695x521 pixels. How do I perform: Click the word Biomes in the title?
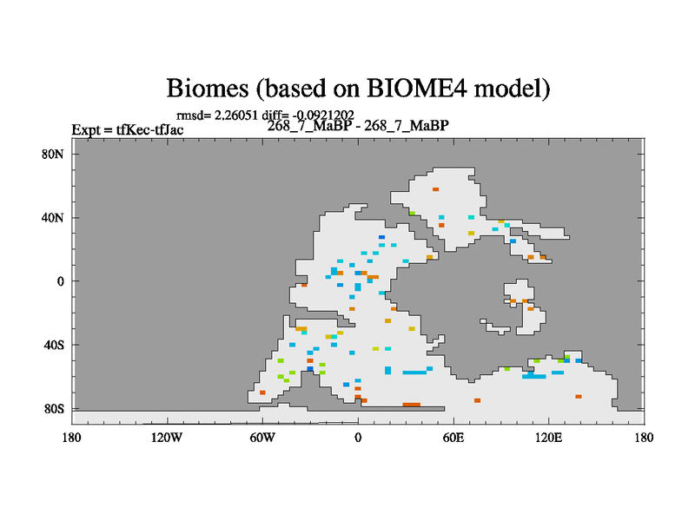(208, 88)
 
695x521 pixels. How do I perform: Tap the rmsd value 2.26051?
(235, 115)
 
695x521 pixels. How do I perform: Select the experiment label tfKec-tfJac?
(149, 129)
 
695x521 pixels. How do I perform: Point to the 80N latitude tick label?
(53, 155)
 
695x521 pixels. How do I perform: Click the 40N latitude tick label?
(53, 218)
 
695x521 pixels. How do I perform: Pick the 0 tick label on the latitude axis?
(60, 281)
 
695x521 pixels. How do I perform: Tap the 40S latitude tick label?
(54, 345)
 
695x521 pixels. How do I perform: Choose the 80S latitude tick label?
(54, 408)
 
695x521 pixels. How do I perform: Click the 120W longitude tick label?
(167, 438)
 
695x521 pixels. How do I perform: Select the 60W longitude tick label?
(262, 438)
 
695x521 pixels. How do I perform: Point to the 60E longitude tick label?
(453, 438)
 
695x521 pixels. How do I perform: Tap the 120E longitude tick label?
(548, 438)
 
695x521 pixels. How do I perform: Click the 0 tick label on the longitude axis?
(358, 438)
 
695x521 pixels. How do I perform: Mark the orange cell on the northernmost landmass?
(436, 189)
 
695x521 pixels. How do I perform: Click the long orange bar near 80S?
(411, 405)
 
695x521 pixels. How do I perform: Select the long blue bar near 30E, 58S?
(414, 373)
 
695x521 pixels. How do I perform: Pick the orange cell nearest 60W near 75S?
(262, 392)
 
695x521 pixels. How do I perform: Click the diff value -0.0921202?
(323, 115)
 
